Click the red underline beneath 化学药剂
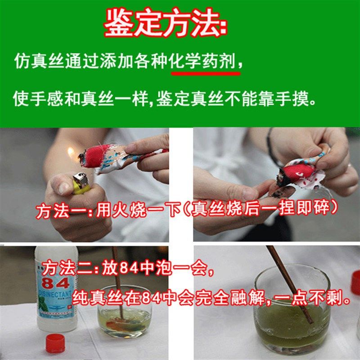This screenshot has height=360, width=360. click(x=205, y=72)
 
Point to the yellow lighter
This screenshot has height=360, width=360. click(x=81, y=184)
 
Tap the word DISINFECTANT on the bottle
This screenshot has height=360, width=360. click(x=54, y=294)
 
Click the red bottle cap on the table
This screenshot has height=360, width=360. click(x=55, y=344)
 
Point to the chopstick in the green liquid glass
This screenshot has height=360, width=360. click(x=288, y=283)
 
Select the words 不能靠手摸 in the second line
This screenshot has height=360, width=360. click(x=279, y=98)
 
